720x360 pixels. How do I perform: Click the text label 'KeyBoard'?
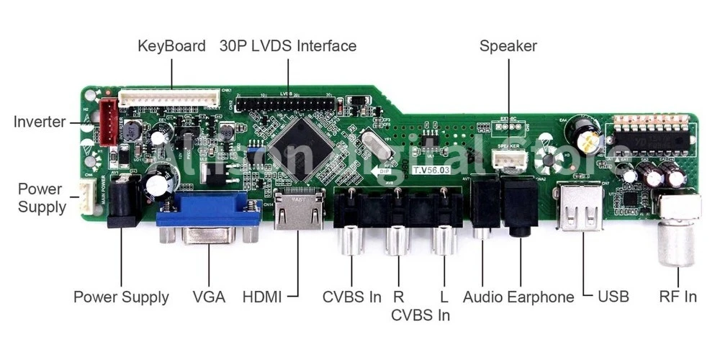click(171, 46)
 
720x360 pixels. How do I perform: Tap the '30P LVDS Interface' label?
click(288, 46)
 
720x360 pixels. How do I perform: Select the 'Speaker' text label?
click(508, 46)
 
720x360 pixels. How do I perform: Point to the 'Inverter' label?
click(40, 122)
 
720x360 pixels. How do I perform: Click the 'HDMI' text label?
click(262, 297)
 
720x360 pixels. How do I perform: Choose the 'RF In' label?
click(678, 297)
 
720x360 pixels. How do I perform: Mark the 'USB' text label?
click(613, 297)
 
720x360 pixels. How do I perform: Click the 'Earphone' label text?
click(541, 297)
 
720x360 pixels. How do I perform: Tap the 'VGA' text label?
click(209, 297)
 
